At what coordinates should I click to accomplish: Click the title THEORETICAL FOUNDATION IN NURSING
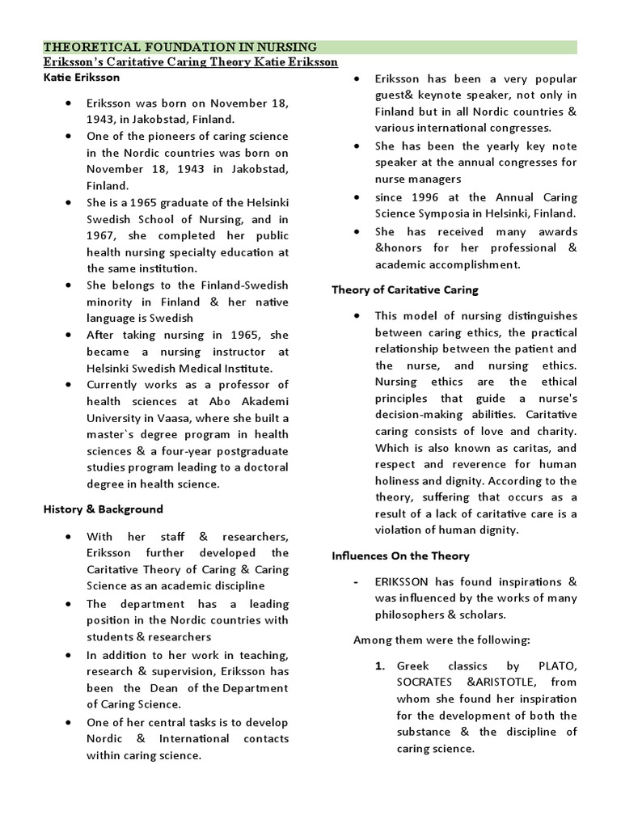pyautogui.click(x=180, y=47)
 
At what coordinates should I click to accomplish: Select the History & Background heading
pyautogui.click(x=103, y=509)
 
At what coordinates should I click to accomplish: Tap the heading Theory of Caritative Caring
pyautogui.click(x=405, y=289)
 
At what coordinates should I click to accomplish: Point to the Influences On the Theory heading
pyautogui.click(x=400, y=556)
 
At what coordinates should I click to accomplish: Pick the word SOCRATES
pyautogui.click(x=426, y=682)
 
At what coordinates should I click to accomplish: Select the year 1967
pyautogui.click(x=102, y=235)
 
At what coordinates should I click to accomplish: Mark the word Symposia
pyautogui.click(x=440, y=213)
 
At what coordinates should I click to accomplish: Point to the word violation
pyautogui.click(x=401, y=530)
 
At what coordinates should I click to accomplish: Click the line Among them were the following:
pyautogui.click(x=441, y=640)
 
